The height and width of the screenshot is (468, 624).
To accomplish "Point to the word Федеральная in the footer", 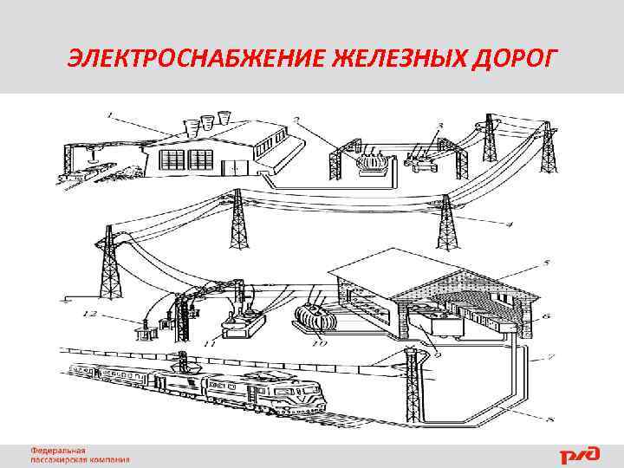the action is point(59,451).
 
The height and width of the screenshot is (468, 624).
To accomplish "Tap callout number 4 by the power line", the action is point(510,224).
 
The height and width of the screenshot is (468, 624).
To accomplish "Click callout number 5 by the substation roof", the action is point(545,261).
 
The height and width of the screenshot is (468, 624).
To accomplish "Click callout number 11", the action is point(208,344).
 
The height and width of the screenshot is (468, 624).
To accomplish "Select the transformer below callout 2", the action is point(374,163).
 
